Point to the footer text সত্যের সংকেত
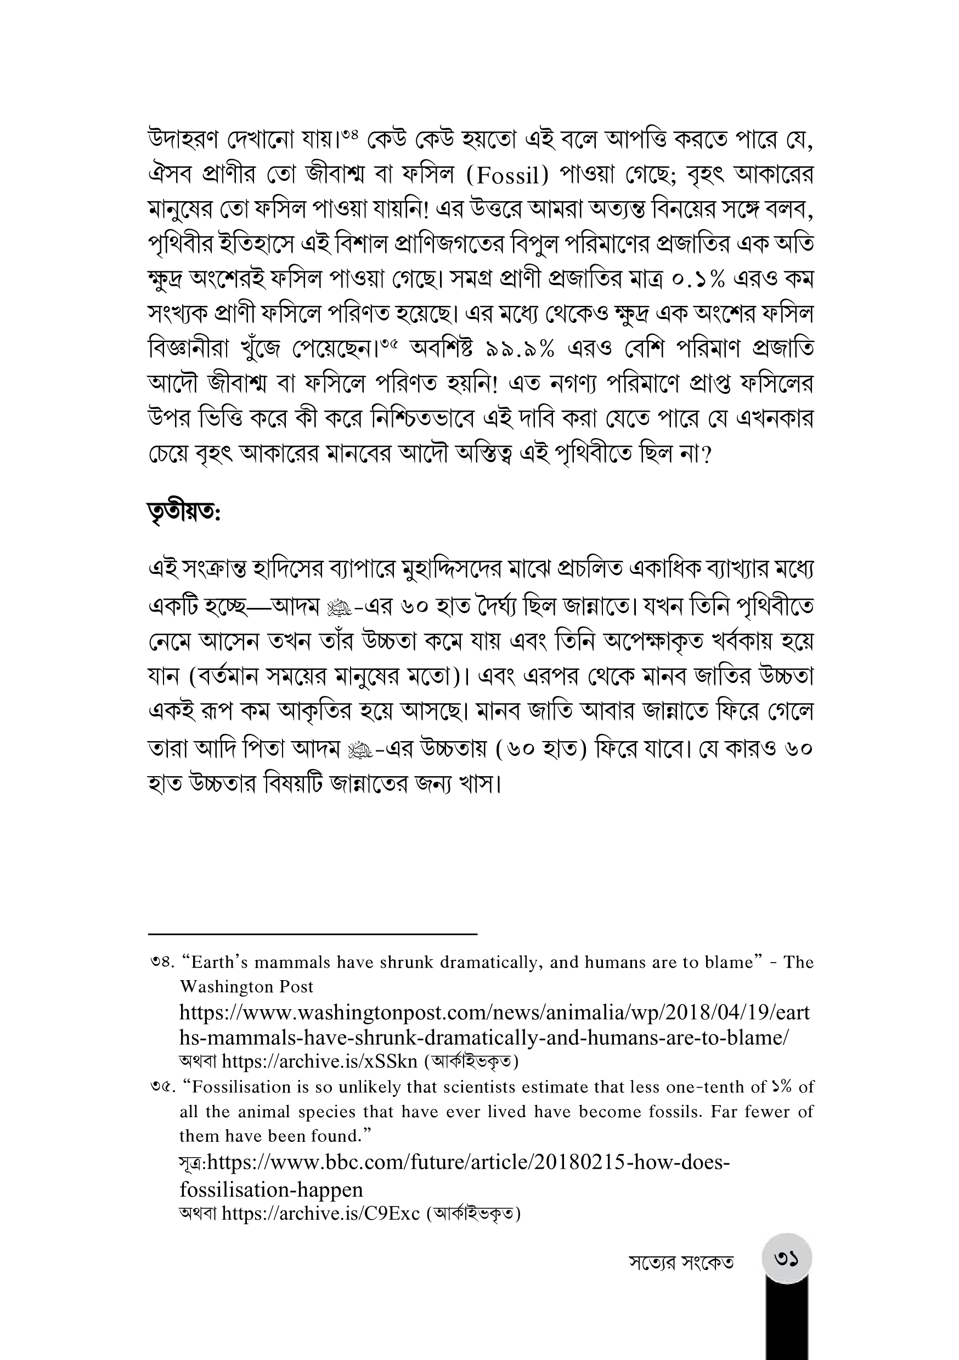681,1263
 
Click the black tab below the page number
787,1321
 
